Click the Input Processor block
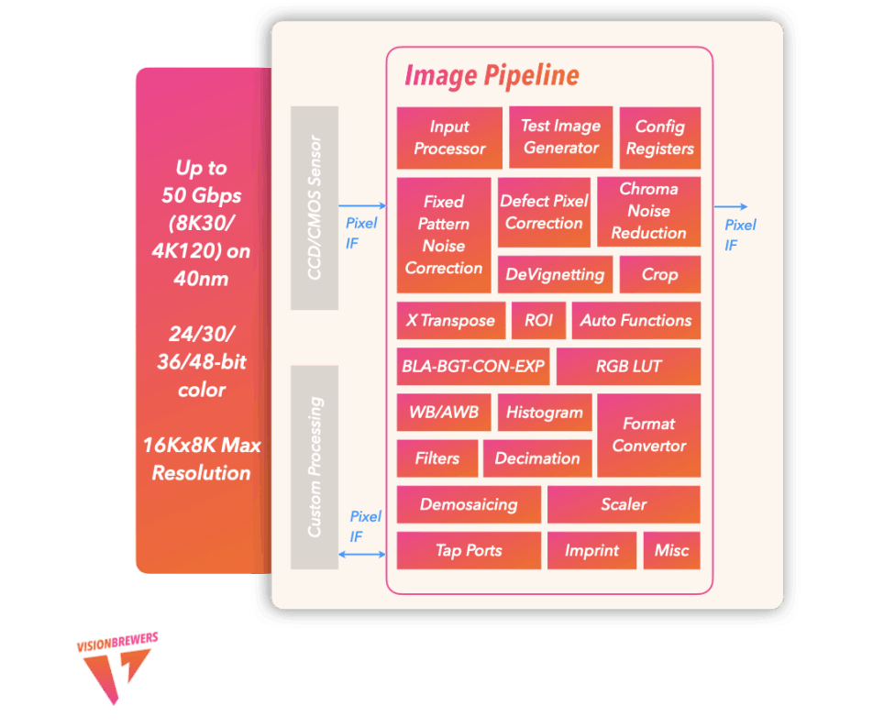tap(449, 138)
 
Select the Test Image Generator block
tap(560, 138)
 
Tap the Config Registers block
tap(659, 138)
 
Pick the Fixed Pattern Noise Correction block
tap(444, 235)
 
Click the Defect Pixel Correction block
tap(544, 212)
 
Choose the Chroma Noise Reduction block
tap(648, 212)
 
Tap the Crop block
tap(659, 274)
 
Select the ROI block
tap(538, 321)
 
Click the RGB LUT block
tap(628, 366)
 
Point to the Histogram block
tap(545, 413)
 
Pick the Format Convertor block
tap(648, 436)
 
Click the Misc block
tap(671, 550)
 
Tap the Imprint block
tap(591, 550)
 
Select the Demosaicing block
tap(469, 504)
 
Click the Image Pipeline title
tap(492, 76)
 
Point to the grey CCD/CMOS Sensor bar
tap(315, 207)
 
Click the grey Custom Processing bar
tap(315, 467)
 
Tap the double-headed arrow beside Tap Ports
tap(362, 555)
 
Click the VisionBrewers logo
tap(117, 667)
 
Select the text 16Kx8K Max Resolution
tap(202, 459)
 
